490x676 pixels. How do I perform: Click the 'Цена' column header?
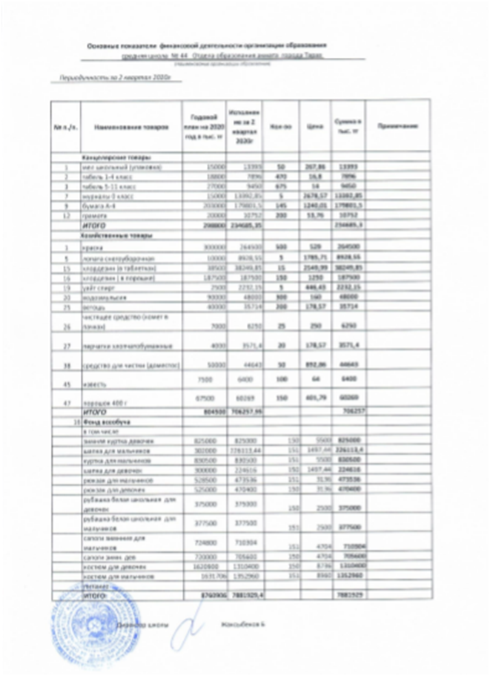point(312,127)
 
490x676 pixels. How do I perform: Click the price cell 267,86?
point(312,167)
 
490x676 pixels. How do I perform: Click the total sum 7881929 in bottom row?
point(348,596)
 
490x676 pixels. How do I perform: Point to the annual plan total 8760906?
point(202,595)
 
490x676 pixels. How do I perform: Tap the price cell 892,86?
point(312,366)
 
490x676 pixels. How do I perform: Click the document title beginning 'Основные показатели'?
point(207,46)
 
